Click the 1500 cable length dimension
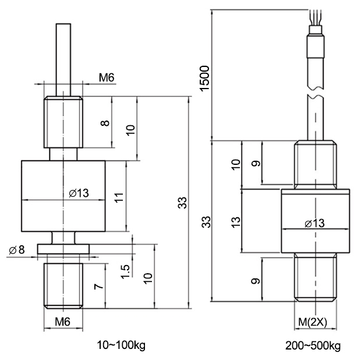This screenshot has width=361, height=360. click(205, 79)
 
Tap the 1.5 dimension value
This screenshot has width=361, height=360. click(125, 271)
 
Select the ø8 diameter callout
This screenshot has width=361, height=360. click(16, 250)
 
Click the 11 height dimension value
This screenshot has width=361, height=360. click(119, 197)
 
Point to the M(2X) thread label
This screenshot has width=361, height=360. click(313, 322)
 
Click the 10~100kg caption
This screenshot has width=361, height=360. click(121, 345)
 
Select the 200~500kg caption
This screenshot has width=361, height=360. click(313, 345)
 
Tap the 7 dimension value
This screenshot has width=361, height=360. click(98, 287)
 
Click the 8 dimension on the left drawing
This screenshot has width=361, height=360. click(105, 123)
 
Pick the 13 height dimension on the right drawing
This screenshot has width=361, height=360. click(236, 223)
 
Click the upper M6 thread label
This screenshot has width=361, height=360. click(107, 77)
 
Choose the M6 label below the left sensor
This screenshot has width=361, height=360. click(63, 322)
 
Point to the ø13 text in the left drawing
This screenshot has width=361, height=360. click(79, 193)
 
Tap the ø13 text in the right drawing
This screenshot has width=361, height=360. click(314, 223)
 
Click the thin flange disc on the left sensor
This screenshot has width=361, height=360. click(63, 249)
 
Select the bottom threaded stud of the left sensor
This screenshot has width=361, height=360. click(63, 286)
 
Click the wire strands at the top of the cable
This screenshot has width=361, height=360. click(315, 17)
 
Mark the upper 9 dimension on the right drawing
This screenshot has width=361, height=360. click(256, 163)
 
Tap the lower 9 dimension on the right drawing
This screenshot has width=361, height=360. click(255, 281)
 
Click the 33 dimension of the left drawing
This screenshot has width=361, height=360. click(183, 203)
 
